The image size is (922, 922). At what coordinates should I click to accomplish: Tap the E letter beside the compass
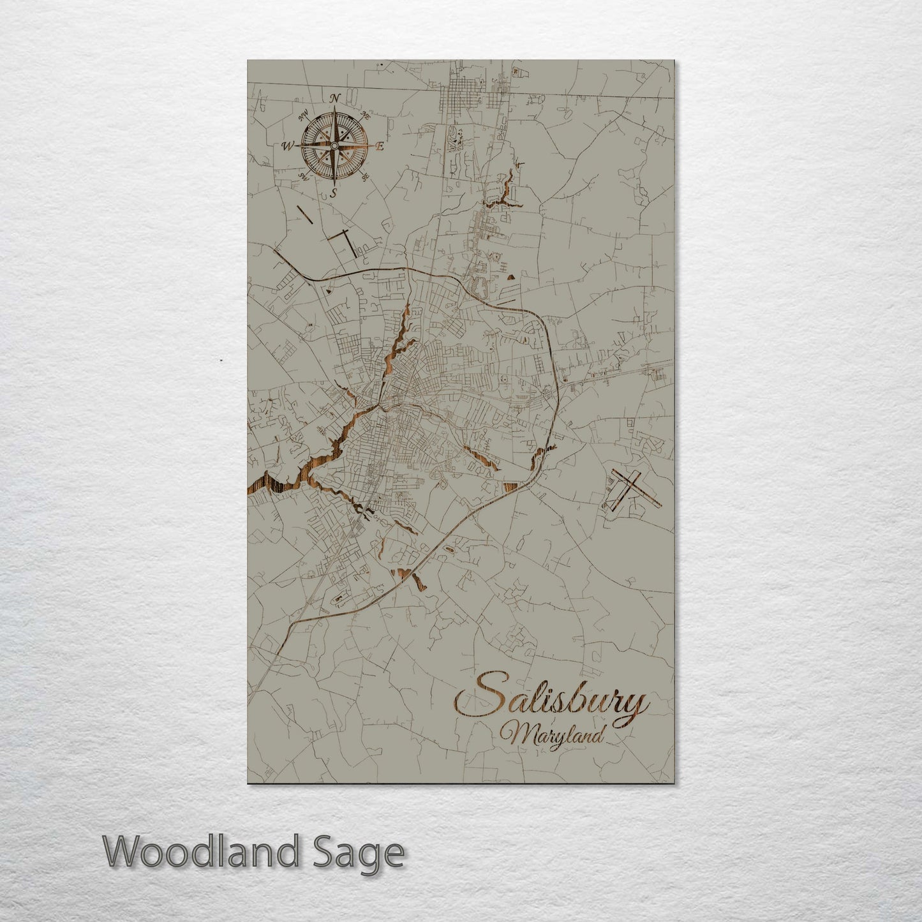click(378, 147)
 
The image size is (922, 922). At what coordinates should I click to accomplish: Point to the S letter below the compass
click(333, 193)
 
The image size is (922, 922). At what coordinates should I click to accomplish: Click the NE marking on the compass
click(366, 115)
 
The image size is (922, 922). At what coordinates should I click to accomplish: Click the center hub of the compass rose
click(333, 146)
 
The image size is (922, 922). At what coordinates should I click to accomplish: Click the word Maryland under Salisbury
click(553, 736)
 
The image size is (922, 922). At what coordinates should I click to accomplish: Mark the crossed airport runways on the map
click(629, 489)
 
